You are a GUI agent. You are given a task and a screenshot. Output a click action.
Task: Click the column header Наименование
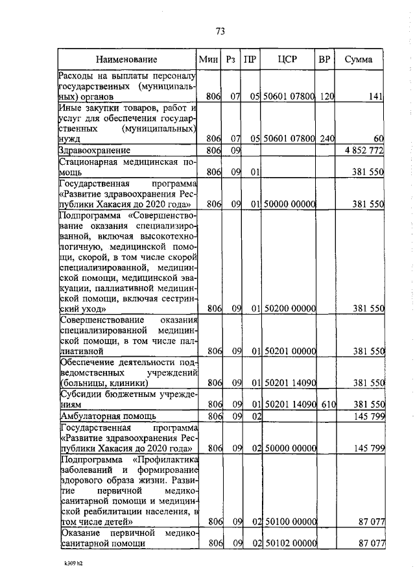126,60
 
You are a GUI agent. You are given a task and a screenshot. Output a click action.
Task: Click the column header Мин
208,60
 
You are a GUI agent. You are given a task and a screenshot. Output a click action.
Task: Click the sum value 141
377,97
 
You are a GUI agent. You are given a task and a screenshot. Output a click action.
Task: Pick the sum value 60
379,139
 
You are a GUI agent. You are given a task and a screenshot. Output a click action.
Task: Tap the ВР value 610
327,403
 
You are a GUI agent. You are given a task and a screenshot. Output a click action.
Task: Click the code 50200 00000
289,309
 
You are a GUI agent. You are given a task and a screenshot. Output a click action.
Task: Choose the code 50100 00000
289,521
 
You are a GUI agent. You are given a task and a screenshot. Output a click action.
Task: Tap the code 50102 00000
289,544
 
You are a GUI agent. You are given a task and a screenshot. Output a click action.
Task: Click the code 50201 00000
289,351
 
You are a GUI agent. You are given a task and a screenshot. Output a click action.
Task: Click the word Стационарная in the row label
89,162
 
